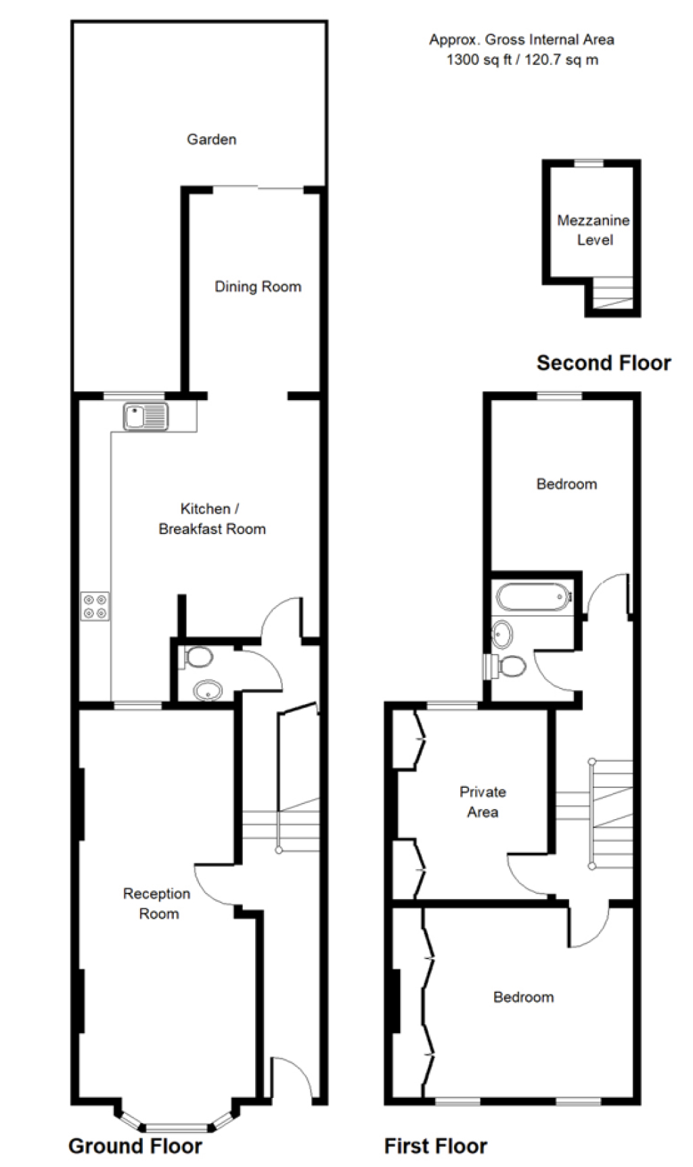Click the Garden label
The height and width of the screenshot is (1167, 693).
click(212, 139)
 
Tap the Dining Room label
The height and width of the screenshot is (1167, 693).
click(258, 286)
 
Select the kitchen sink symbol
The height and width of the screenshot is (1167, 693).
click(146, 416)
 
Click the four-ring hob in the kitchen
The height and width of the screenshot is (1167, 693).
click(95, 606)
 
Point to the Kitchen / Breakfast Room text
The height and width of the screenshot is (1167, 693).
click(212, 519)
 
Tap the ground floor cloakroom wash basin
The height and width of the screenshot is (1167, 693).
click(208, 690)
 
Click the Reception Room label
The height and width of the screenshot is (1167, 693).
click(157, 904)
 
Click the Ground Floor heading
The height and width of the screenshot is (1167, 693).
click(135, 1146)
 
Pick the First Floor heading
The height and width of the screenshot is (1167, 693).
click(436, 1146)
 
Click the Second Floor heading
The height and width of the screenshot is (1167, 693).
click(604, 363)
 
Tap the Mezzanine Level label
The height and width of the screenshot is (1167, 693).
click(594, 230)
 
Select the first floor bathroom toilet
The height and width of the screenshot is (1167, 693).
click(506, 666)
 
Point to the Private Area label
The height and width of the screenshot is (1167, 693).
click(483, 801)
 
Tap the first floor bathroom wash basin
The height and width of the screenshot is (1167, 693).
click(502, 634)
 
